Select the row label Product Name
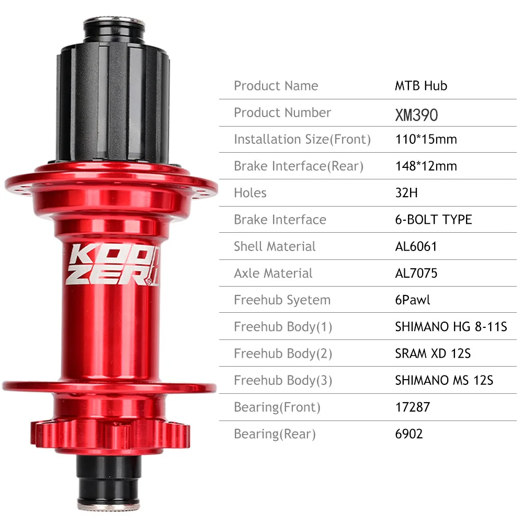(x=276, y=86)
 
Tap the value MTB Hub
(x=421, y=86)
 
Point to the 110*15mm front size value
(x=426, y=140)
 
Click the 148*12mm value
(x=426, y=166)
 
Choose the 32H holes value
(x=406, y=193)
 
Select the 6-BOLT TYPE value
(x=433, y=220)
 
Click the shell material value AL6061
(x=416, y=246)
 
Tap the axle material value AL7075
(x=416, y=273)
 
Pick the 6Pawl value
(x=413, y=300)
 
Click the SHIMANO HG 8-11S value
(x=451, y=327)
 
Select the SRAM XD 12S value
(x=433, y=354)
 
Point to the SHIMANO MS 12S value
(x=444, y=380)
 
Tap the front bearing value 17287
(x=412, y=407)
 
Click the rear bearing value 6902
(x=408, y=434)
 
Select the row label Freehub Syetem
(x=282, y=300)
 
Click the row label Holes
(x=250, y=193)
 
